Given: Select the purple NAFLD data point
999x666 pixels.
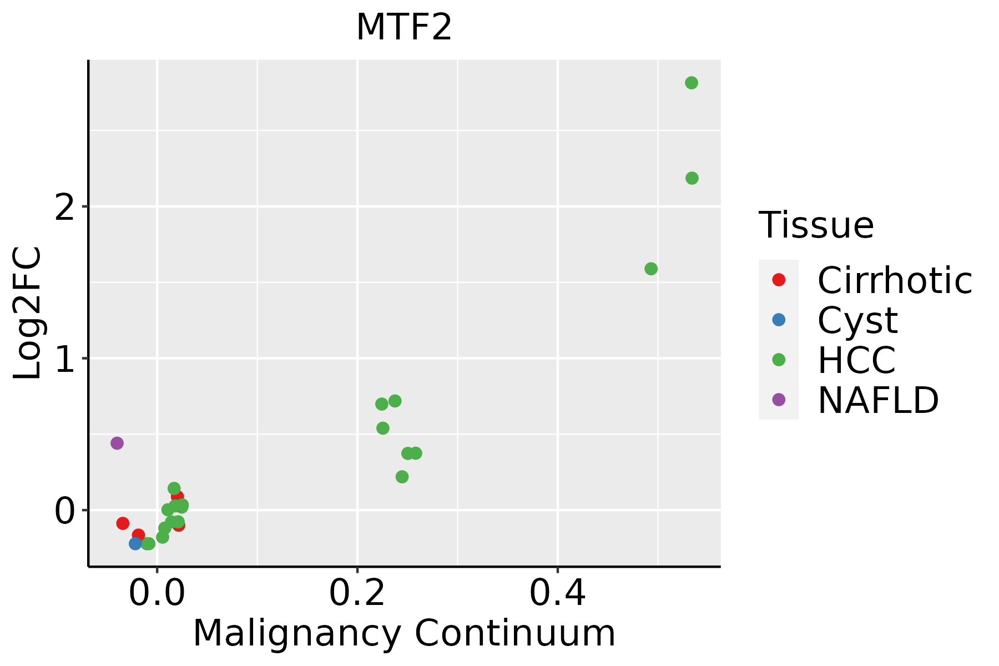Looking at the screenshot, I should tap(117, 443).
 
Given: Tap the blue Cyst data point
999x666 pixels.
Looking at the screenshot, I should tap(135, 543).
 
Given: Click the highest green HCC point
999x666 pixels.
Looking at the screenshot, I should tap(692, 83).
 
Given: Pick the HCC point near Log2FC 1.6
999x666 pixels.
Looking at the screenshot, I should tap(651, 269).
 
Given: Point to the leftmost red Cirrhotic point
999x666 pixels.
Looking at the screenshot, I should tap(123, 523).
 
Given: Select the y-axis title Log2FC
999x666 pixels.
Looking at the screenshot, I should tap(28, 313).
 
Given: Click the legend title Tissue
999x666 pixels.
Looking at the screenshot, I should tap(816, 225).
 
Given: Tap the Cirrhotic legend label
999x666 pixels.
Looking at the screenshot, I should tap(895, 280).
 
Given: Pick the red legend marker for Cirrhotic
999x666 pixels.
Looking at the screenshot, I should tap(779, 280).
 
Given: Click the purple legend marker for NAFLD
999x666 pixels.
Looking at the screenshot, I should tap(779, 400).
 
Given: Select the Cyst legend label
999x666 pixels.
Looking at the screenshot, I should tap(857, 320).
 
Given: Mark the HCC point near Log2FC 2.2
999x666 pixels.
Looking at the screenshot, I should tap(692, 178).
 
